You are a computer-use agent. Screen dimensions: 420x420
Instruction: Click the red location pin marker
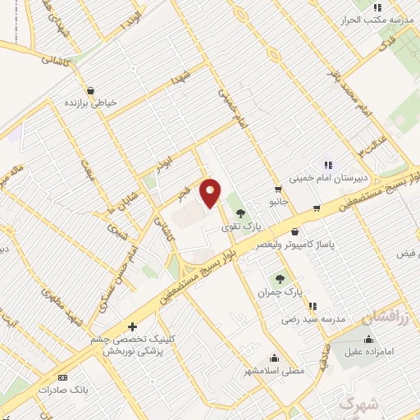click(x=211, y=192)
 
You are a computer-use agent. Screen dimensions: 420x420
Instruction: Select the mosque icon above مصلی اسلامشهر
click(x=274, y=358)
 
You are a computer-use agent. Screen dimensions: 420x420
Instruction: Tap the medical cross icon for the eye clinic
click(x=132, y=326)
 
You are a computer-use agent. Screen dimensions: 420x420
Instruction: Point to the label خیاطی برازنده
click(x=91, y=103)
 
